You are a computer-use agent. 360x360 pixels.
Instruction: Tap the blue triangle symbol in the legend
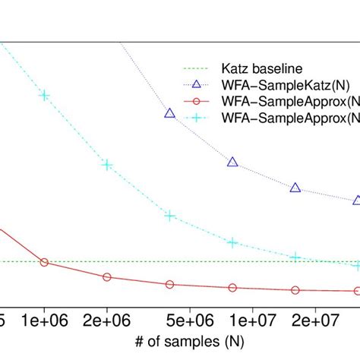coord(197,85)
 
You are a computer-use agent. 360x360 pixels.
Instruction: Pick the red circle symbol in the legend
coord(197,102)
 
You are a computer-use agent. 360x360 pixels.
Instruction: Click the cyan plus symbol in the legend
coord(197,118)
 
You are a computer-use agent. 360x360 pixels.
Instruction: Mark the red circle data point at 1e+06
coord(44,262)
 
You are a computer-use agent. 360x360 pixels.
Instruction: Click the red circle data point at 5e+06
coord(169,285)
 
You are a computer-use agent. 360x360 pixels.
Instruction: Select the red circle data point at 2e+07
coord(295,290)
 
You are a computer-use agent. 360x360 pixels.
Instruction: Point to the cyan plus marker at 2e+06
coord(107,165)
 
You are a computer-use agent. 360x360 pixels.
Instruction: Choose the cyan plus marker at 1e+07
coord(232,242)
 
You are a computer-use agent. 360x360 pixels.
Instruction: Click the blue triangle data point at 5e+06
coord(169,113)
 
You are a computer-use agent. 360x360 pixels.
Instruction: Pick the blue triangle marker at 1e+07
coord(232,162)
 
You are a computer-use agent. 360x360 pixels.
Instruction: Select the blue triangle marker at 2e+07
coord(295,188)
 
